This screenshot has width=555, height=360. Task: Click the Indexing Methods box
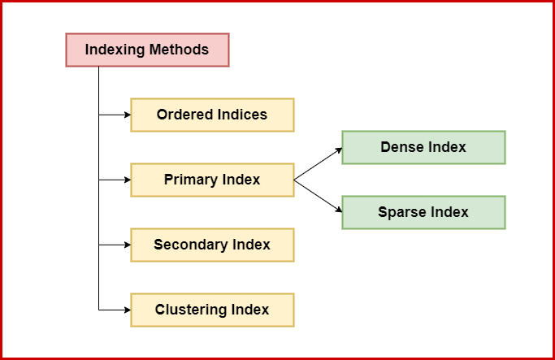(x=147, y=50)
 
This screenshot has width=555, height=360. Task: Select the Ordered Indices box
(x=212, y=115)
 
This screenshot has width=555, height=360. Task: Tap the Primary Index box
(x=212, y=180)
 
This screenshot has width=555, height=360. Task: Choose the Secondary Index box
(x=212, y=245)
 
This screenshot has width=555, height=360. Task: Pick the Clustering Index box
(x=212, y=310)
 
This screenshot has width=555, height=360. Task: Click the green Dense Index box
(x=423, y=147)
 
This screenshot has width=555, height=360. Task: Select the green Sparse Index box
(x=423, y=212)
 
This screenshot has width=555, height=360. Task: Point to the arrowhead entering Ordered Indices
(x=127, y=115)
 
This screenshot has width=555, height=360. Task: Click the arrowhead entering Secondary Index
(x=127, y=245)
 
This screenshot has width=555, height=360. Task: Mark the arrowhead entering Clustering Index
(x=127, y=310)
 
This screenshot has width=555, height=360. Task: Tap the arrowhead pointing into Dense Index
(x=337, y=150)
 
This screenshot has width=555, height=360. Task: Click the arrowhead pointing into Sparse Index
(x=337, y=210)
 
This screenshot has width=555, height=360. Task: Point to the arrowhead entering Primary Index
(x=127, y=180)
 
